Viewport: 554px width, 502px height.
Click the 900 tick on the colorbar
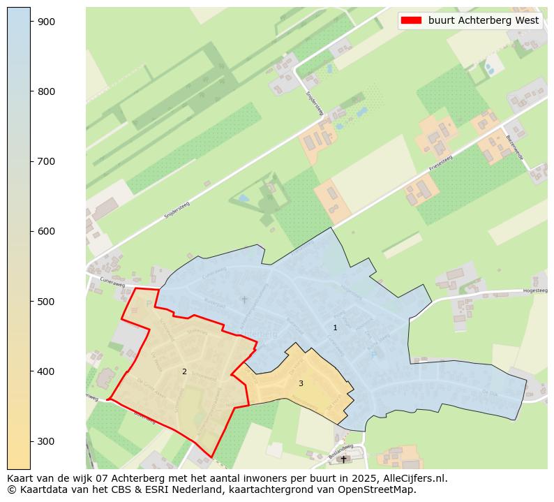(x=46, y=22)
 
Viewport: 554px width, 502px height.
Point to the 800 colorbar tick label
(x=46, y=91)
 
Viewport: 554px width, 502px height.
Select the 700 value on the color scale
(x=46, y=161)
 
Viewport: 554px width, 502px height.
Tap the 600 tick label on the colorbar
(x=46, y=231)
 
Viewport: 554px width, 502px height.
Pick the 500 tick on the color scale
(x=46, y=301)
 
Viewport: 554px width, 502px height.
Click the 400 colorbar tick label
(x=46, y=371)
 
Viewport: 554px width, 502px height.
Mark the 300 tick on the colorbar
(x=46, y=441)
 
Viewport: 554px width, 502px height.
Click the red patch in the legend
(x=412, y=21)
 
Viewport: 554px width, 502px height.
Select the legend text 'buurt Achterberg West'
(x=483, y=21)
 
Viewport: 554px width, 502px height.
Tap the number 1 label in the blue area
(x=335, y=327)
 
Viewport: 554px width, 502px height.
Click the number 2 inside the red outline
(x=184, y=371)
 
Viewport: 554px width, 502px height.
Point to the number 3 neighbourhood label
(x=301, y=383)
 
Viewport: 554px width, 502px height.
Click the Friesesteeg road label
(x=441, y=165)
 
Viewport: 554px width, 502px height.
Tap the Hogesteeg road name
(x=535, y=290)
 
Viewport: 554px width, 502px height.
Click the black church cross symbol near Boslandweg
(x=343, y=459)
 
